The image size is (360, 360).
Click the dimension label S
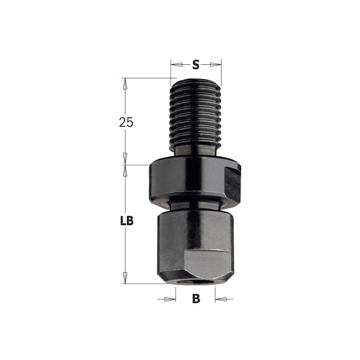[196, 64]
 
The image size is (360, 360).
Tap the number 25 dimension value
[126, 122]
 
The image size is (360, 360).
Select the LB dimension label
[127, 221]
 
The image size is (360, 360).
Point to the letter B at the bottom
[196, 299]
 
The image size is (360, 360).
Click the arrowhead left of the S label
[176, 64]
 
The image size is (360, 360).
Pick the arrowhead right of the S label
[216, 64]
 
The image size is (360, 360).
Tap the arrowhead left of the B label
[170, 299]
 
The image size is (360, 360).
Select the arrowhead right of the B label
[221, 299]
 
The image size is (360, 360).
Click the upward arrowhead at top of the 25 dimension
[125, 84]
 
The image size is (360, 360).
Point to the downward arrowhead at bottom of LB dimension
[125, 278]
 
